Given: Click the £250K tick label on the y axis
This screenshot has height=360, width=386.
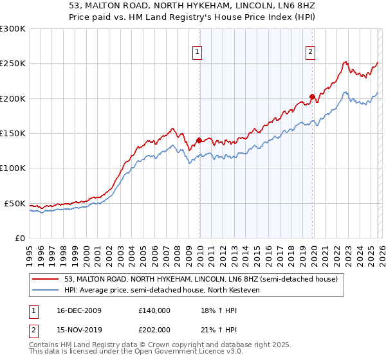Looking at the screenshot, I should coord(12,64).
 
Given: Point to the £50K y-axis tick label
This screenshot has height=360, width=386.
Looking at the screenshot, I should coord(15,203).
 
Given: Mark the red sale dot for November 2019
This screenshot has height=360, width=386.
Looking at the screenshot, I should coord(312,97).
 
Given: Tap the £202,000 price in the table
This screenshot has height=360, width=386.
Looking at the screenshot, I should coord(154,329).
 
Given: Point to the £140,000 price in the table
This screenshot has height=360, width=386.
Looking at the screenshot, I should coord(154,310).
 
